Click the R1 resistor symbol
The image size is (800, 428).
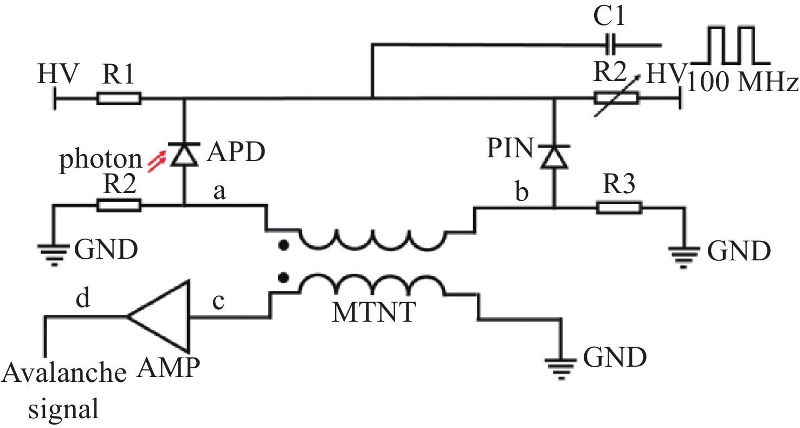click(119, 98)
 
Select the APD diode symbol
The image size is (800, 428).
click(184, 154)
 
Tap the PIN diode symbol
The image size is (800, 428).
click(554, 157)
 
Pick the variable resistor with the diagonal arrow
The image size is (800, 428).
click(616, 98)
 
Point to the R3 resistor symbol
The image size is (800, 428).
click(618, 207)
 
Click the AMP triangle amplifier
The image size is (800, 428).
click(158, 316)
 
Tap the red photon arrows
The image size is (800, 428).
click(157, 162)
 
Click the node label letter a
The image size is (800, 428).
click(220, 191)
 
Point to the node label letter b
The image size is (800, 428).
click(522, 191)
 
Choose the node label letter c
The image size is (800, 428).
click(218, 301)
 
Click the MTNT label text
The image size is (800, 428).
click(373, 312)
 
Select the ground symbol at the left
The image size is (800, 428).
click(54, 254)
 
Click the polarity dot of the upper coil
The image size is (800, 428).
click(283, 246)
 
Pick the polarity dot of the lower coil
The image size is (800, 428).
click(283, 277)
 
